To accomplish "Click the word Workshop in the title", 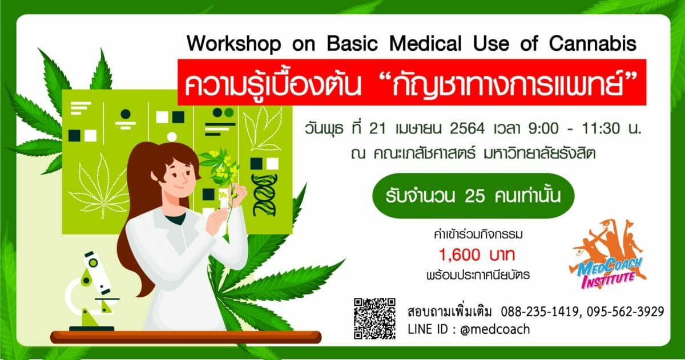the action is pyautogui.click(x=233, y=45).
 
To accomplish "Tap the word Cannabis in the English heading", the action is pyautogui.click(x=593, y=44).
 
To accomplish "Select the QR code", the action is pyautogui.click(x=374, y=318).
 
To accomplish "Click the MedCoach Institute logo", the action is pyautogui.click(x=608, y=254).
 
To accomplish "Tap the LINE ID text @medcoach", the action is pyautogui.click(x=495, y=329).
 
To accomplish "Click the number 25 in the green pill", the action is pyautogui.click(x=474, y=196).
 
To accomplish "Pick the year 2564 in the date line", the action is pyautogui.click(x=467, y=128).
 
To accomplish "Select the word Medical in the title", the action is pyautogui.click(x=425, y=44).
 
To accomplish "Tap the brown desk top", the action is pyautogui.click(x=186, y=337).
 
